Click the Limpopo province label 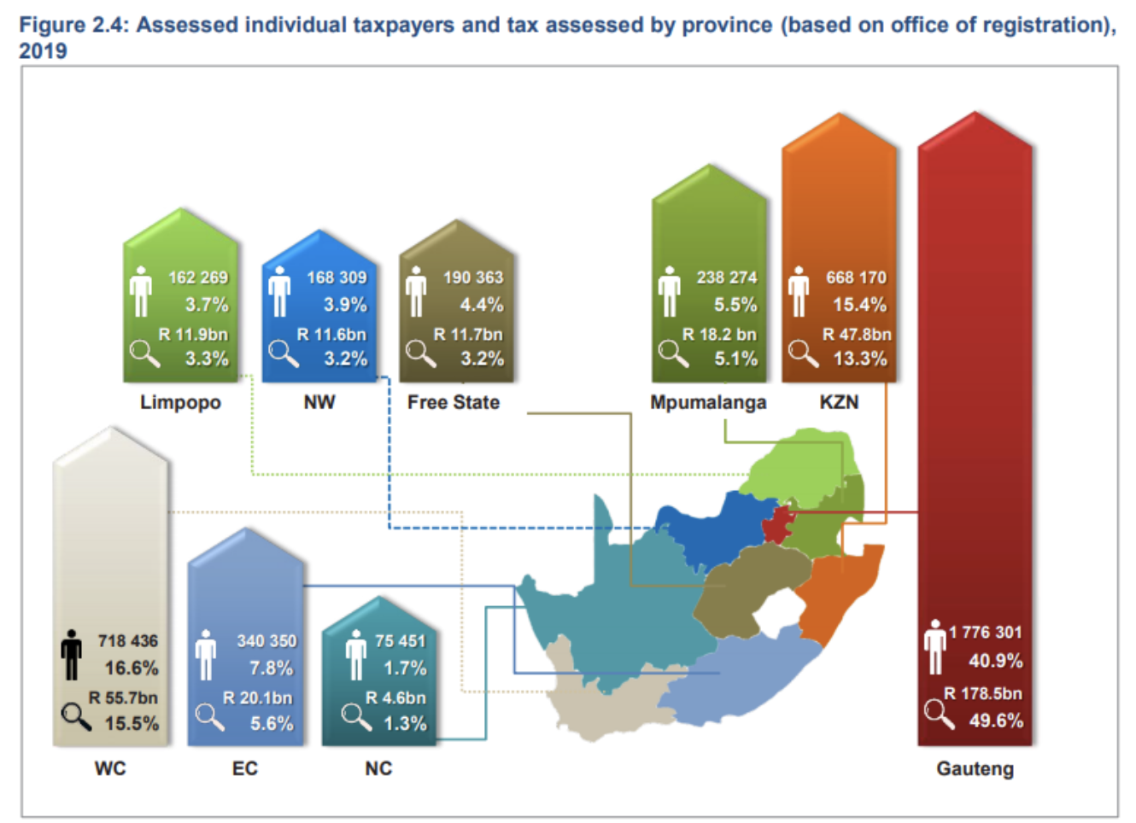coord(180,402)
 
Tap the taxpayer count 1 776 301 coord(985,633)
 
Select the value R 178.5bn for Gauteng coord(982,693)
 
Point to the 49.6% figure coord(995,721)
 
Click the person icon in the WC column coord(72,655)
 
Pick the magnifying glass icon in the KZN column coord(802,353)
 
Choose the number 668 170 coord(856,277)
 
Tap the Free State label coord(453,402)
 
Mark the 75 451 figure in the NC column coord(400,641)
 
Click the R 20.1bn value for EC coord(257,698)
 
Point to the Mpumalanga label coord(708,402)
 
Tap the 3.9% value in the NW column coord(344,305)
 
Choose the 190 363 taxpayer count coord(473,277)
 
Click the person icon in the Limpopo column coord(141,290)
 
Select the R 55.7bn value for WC coord(123,698)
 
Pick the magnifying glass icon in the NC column coord(356,716)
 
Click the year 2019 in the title coord(43,51)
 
